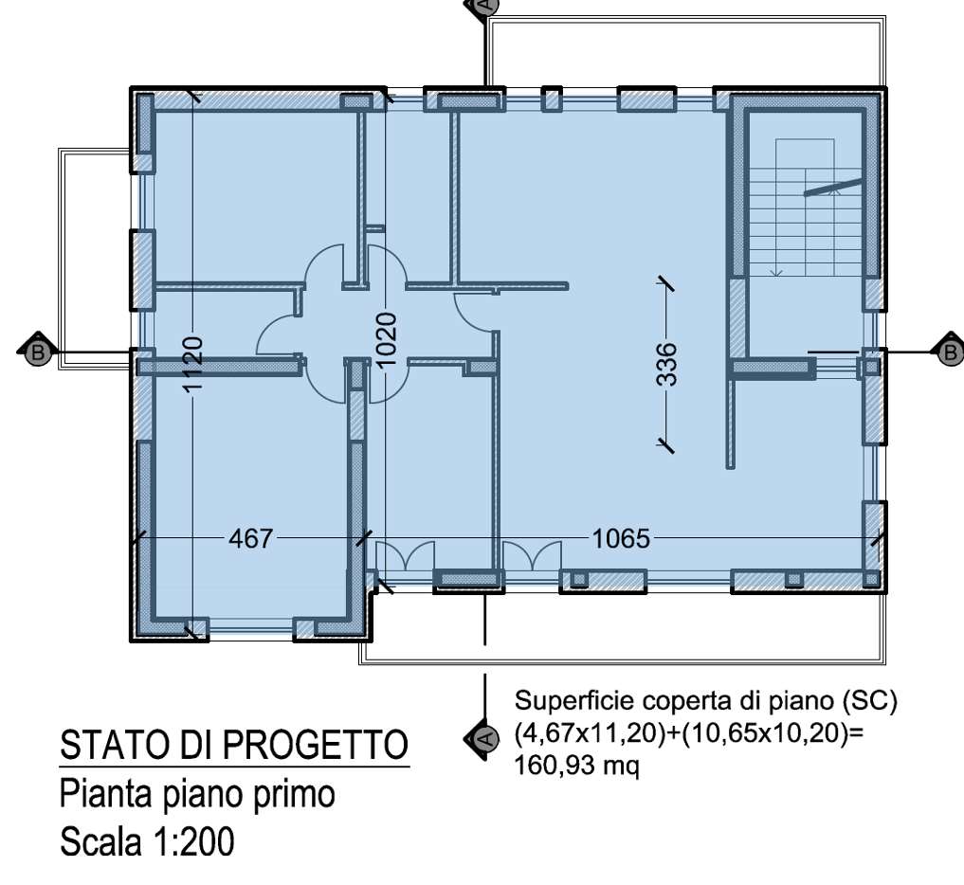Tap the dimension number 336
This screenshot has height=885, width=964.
click(667, 364)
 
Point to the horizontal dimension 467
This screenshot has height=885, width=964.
click(251, 539)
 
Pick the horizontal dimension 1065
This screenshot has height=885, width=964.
click(622, 539)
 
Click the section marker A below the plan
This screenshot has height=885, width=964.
click(482, 738)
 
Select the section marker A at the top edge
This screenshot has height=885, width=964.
click(482, 5)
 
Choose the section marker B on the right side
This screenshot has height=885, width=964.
click(949, 352)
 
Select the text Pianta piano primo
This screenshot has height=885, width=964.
click(197, 793)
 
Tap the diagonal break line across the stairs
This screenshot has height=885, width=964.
click(833, 187)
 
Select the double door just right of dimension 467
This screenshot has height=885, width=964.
click(406, 555)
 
